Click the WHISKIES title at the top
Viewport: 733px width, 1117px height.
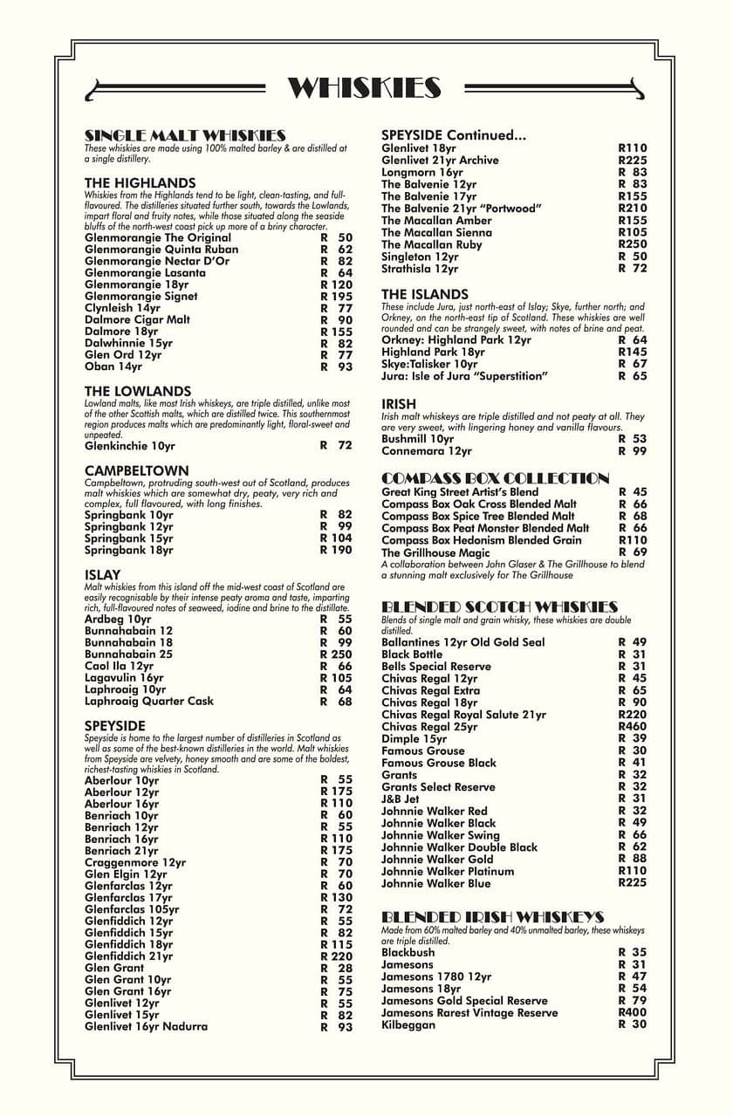tap(365, 88)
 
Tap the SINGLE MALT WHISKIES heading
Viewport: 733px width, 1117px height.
tap(185, 135)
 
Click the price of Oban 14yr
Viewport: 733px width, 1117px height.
tap(336, 367)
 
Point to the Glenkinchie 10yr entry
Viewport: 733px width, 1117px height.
tap(130, 445)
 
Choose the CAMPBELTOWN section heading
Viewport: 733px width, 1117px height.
tap(136, 470)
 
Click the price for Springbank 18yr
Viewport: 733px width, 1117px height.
tap(336, 550)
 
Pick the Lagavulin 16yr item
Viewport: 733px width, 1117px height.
tap(124, 677)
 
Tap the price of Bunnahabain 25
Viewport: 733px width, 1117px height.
tap(336, 654)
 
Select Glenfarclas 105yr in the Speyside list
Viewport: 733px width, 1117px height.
tap(132, 909)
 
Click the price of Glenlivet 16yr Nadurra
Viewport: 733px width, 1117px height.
tap(336, 1027)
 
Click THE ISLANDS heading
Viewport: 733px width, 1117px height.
tap(425, 294)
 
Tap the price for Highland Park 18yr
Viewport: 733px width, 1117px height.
tap(633, 352)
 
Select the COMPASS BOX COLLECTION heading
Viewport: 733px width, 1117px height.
tap(496, 478)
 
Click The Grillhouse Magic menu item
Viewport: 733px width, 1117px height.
tap(435, 552)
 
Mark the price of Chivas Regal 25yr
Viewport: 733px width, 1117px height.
tap(633, 727)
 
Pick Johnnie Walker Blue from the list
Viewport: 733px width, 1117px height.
tap(436, 883)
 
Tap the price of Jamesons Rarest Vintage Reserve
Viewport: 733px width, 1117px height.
tap(633, 1012)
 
